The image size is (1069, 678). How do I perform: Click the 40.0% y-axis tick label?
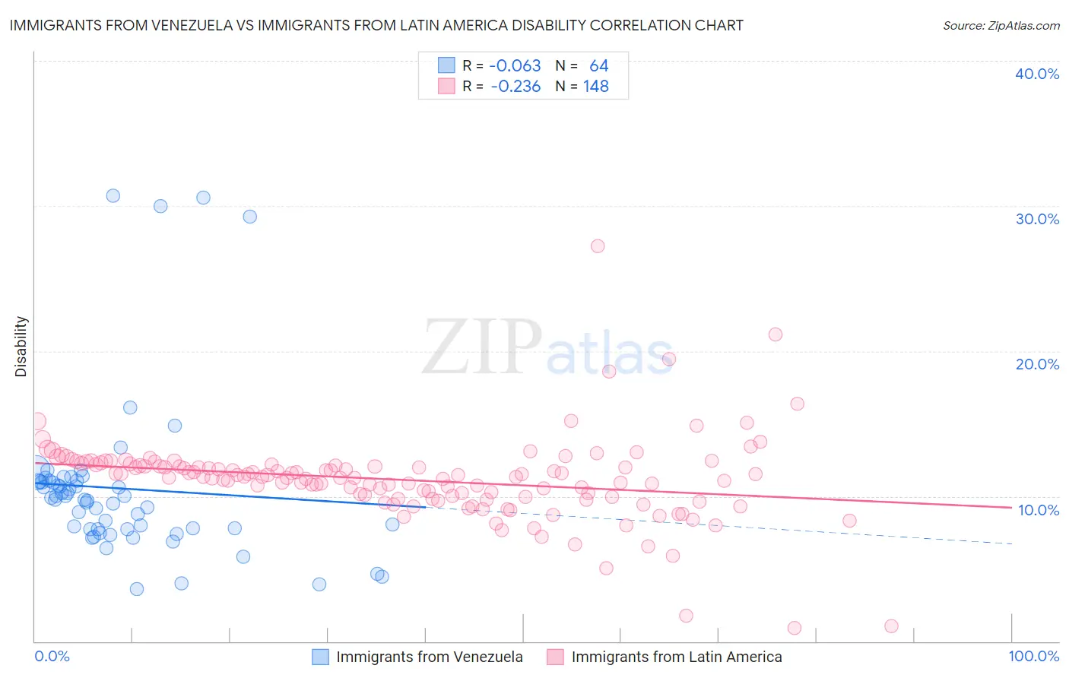[x=1037, y=74]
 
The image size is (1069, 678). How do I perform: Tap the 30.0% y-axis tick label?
[x=1037, y=219]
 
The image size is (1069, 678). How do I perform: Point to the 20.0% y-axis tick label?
[x=1037, y=364]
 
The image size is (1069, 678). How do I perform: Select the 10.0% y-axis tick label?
[x=1039, y=510]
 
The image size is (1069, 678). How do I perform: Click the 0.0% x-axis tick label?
[x=52, y=657]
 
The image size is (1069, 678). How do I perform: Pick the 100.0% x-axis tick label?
[x=1033, y=657]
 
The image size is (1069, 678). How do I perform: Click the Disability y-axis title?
[x=21, y=347]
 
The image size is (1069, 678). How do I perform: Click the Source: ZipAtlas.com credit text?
[x=1001, y=25]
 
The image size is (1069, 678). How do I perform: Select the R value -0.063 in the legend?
[x=515, y=65]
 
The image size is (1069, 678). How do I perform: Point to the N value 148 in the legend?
[x=596, y=87]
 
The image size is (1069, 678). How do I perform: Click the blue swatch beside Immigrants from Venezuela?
[x=320, y=657]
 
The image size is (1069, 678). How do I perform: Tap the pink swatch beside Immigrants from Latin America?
[x=555, y=657]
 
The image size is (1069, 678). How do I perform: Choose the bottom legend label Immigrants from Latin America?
[x=676, y=657]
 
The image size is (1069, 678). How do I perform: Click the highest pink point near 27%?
[x=598, y=246]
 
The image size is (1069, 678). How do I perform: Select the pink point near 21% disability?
[x=776, y=334]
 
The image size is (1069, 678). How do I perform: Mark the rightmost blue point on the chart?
[x=392, y=524]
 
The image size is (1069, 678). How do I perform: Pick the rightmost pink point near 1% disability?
[x=892, y=626]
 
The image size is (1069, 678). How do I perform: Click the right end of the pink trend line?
[x=1011, y=507]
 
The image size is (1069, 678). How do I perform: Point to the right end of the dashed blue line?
[x=1011, y=544]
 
